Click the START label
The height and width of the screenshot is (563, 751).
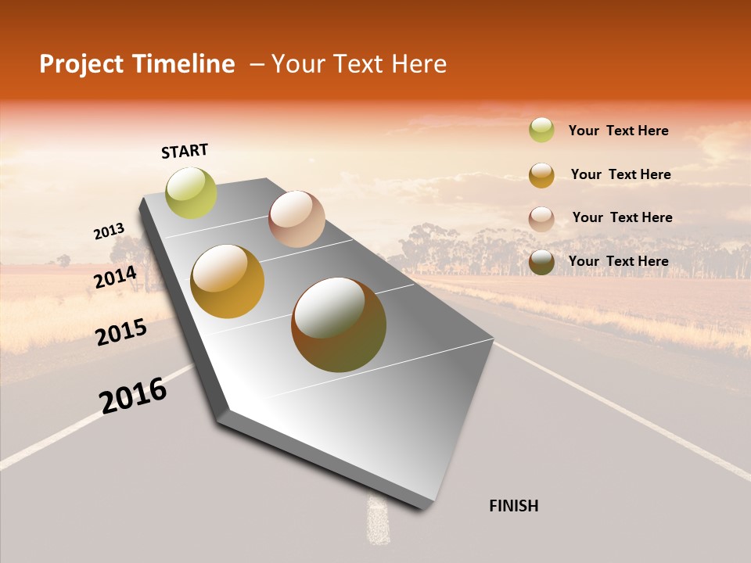coord(185,151)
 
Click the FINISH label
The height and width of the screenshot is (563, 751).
coord(513,506)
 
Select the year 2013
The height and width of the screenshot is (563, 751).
coord(109,231)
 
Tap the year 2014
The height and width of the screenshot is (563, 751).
coord(116,277)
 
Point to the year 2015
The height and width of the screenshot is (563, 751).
coord(121,332)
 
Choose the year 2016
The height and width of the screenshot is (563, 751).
coord(133,396)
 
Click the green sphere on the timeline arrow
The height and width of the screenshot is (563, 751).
coord(191,192)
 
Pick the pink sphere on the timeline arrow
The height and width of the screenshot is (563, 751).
coord(296,219)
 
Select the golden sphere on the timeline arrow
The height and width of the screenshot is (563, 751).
coord(228,281)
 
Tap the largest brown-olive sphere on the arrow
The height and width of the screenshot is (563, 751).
coord(339,325)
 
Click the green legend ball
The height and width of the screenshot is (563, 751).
coord(541,130)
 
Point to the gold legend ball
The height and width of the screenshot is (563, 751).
coord(541,175)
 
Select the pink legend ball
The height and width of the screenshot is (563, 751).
coord(541,218)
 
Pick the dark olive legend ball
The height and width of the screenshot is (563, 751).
coord(541,262)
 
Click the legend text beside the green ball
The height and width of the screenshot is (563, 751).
coord(618,131)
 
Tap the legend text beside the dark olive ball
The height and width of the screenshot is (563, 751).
coord(618,261)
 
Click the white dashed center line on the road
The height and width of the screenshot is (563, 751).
coord(378,520)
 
